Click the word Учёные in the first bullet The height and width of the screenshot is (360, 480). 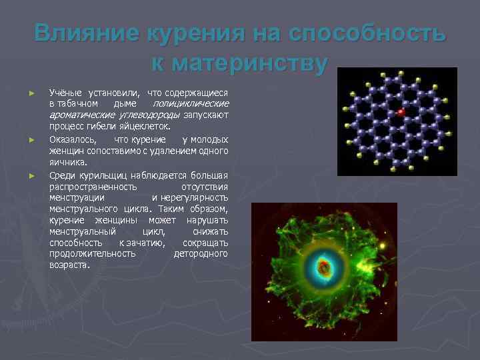(x=64, y=94)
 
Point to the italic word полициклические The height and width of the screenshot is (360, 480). (x=191, y=105)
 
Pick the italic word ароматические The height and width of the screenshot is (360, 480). (x=76, y=115)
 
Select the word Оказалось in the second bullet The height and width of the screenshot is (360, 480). (x=72, y=140)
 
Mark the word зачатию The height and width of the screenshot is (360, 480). (x=145, y=243)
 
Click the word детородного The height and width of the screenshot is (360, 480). (x=201, y=253)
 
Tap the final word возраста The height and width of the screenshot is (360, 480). (x=69, y=265)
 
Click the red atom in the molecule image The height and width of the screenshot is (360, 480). (x=401, y=111)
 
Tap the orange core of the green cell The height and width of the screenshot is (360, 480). (x=324, y=268)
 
